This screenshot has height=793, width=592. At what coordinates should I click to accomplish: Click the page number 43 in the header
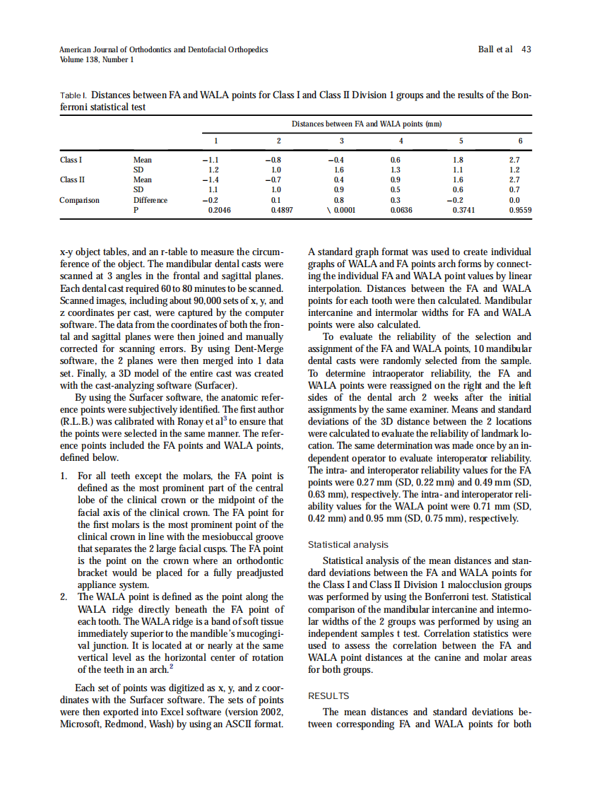(526, 49)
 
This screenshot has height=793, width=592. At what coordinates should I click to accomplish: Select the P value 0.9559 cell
(521, 210)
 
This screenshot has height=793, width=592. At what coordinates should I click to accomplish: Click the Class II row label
(73, 180)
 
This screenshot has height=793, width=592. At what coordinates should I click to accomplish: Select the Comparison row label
(79, 200)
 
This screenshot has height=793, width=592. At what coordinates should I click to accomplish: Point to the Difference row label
(150, 200)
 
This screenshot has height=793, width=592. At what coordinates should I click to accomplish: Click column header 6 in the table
(521, 140)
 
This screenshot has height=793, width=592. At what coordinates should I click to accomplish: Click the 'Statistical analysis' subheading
(348, 544)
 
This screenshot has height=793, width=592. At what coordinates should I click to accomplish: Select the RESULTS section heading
(328, 695)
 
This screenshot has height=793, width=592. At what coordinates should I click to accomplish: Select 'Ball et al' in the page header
(495, 49)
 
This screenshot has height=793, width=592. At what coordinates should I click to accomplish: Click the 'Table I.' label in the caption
(74, 94)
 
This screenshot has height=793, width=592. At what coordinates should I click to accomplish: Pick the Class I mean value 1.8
(458, 160)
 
